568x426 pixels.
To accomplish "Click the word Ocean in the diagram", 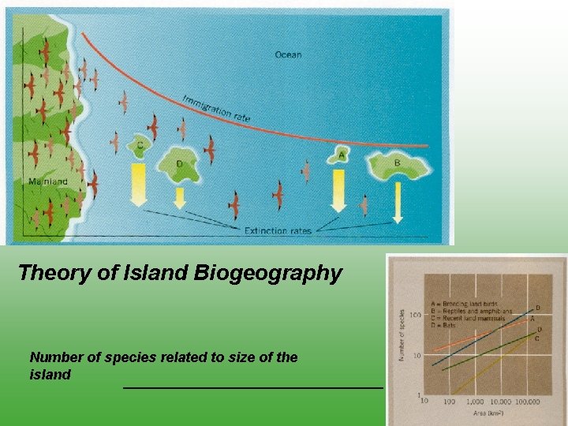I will tap(288, 54).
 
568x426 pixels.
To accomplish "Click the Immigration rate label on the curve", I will tap(216, 108).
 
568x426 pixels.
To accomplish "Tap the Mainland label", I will tap(47, 181).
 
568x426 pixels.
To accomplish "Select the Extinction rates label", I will tap(278, 231).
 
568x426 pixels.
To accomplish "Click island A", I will tap(340, 156).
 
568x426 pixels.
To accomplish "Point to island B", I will tap(397, 165).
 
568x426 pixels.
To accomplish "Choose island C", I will tap(140, 146).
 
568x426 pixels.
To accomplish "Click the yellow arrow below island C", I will tap(139, 184).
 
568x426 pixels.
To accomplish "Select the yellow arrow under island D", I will tap(180, 196).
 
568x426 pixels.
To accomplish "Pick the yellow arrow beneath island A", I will tap(339, 190).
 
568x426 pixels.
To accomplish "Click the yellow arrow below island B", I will tap(398, 201).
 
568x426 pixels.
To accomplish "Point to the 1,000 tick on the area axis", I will tap(475, 402).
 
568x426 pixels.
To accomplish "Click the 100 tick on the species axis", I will tap(414, 316).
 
